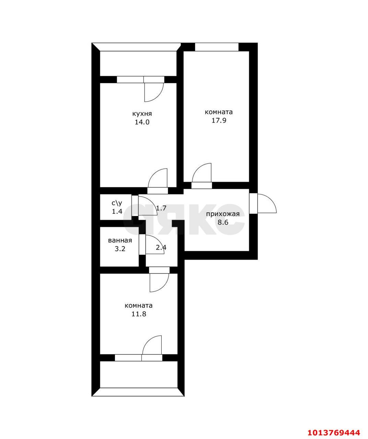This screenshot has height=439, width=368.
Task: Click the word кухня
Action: [142, 114]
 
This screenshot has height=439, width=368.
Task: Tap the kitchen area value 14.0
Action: [142, 122]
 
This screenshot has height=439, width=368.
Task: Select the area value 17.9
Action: [219, 121]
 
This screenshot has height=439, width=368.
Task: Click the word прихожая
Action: [223, 214]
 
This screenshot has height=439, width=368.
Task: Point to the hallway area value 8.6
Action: [223, 223]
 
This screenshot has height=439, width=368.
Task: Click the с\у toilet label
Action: [117, 203]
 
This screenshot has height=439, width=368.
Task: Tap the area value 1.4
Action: [117, 211]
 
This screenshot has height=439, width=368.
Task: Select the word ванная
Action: [120, 240]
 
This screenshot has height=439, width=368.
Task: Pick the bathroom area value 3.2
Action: [120, 249]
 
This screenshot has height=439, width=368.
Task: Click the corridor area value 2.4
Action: [161, 248]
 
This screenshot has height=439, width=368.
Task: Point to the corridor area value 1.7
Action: [161, 208]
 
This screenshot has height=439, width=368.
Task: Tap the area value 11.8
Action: [139, 314]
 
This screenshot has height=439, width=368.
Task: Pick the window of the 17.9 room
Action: [217, 47]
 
